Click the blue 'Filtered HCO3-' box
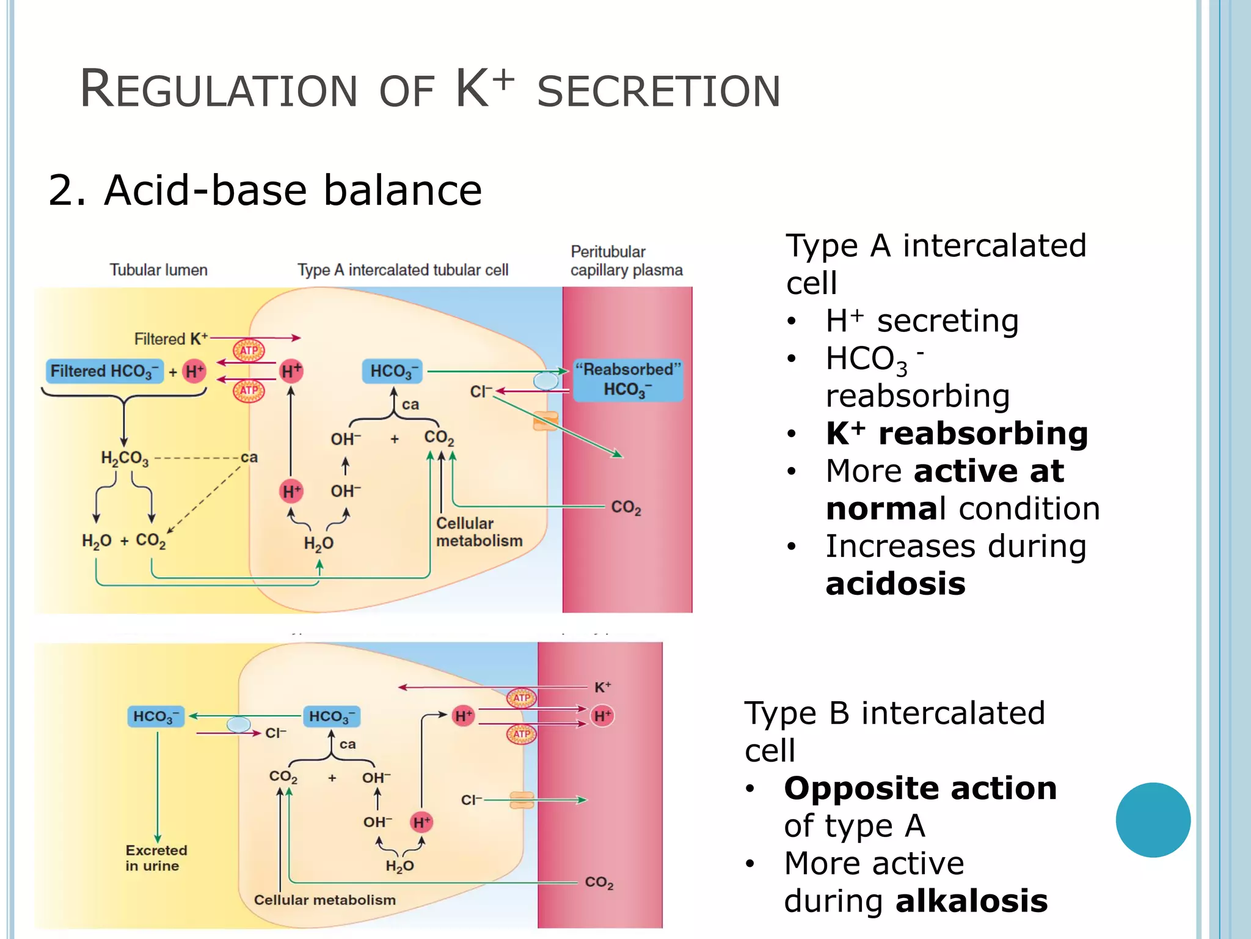pyautogui.click(x=104, y=371)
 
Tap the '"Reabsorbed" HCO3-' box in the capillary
pyautogui.click(x=628, y=380)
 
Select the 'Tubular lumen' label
pyautogui.click(x=158, y=270)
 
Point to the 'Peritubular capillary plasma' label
pyautogui.click(x=626, y=261)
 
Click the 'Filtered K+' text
pyautogui.click(x=170, y=339)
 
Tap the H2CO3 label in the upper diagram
pyautogui.click(x=125, y=458)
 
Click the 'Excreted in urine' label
pyautogui.click(x=156, y=858)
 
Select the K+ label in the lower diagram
pyautogui.click(x=602, y=687)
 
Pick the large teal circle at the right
pyautogui.click(x=1153, y=820)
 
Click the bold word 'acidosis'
pyautogui.click(x=895, y=584)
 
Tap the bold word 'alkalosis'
pyautogui.click(x=971, y=901)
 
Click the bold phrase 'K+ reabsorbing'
pyautogui.click(x=957, y=433)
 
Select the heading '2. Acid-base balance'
pyautogui.click(x=265, y=190)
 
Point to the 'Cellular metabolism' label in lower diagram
pyautogui.click(x=324, y=900)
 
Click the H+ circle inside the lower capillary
pyautogui.click(x=602, y=716)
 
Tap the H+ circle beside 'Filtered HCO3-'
pyautogui.click(x=194, y=371)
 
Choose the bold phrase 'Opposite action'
pyautogui.click(x=920, y=788)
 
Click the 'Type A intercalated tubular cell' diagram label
pyautogui.click(x=403, y=270)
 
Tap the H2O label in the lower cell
pyautogui.click(x=399, y=866)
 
